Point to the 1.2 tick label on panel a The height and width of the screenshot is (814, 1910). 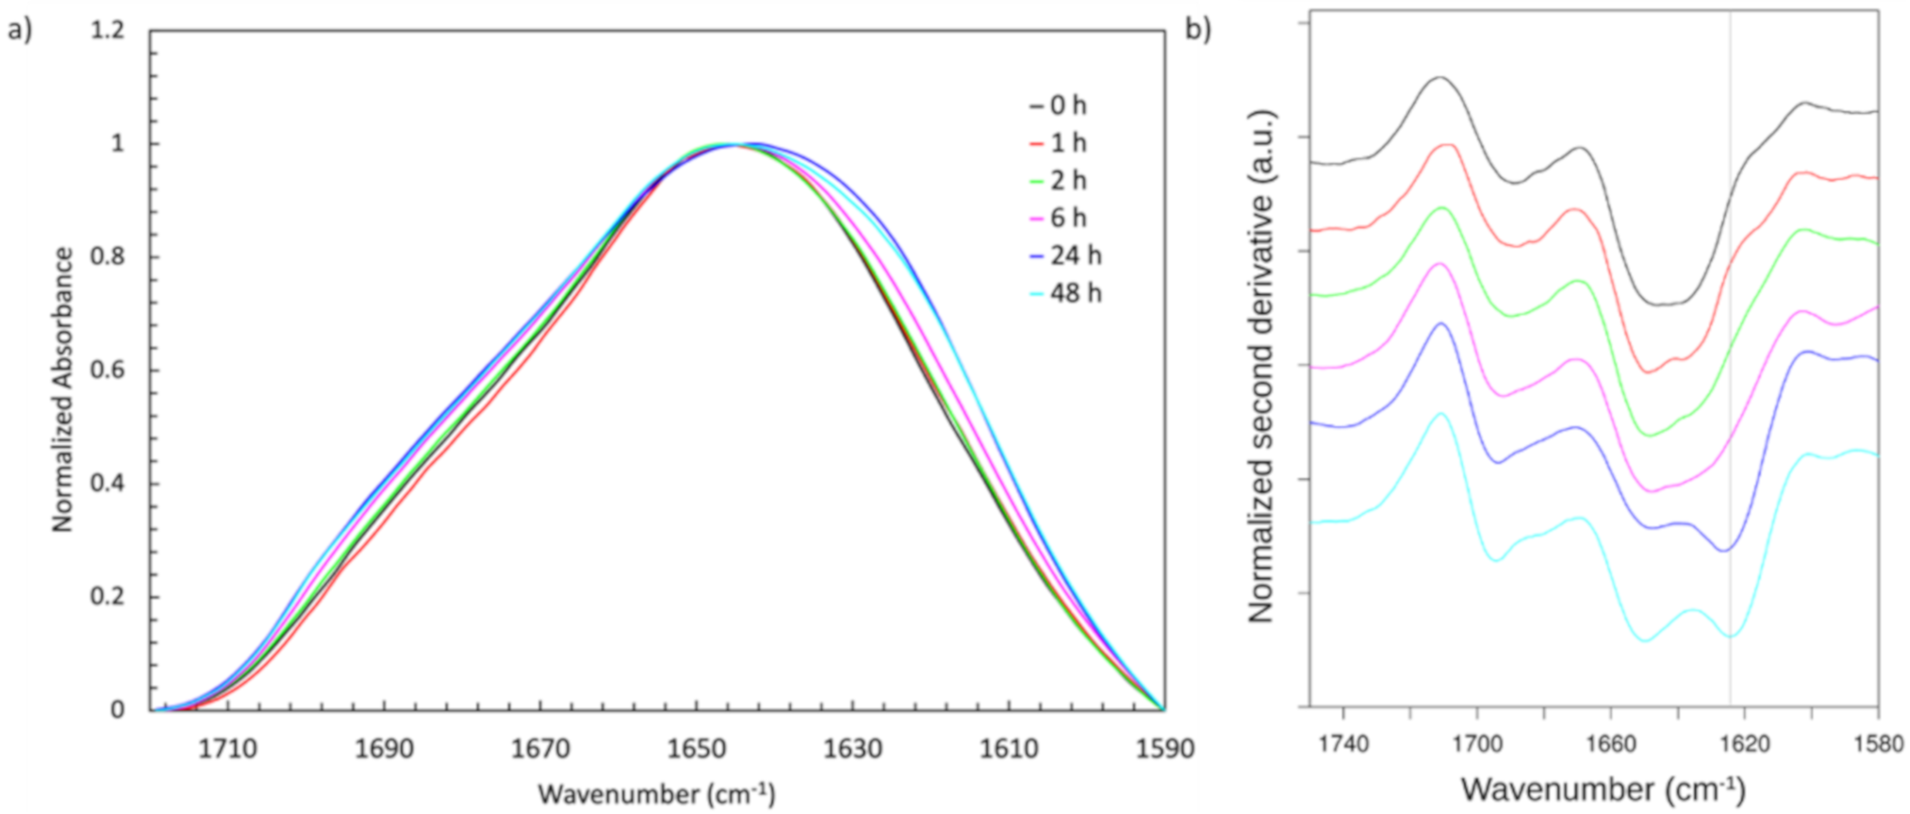coord(108,31)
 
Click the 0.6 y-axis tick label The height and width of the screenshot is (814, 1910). coord(108,371)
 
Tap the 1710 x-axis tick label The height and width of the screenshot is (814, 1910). coord(228,749)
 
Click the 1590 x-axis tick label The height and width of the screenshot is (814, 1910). coord(1164,749)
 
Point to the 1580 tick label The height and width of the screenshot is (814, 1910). coord(1879,744)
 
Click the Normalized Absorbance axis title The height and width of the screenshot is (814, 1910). coord(63,389)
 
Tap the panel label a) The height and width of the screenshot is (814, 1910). coord(20,31)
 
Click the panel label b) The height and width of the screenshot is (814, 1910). coord(1198,30)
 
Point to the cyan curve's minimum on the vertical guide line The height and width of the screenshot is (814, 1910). coord(1730,636)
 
